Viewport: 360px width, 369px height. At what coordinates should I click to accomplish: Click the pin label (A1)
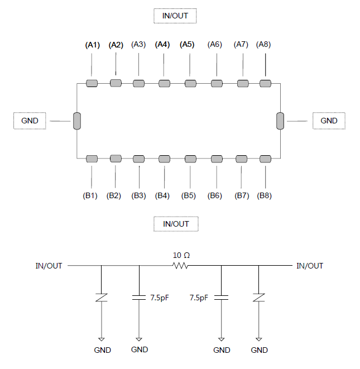(93, 45)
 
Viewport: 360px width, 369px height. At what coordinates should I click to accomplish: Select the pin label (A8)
(263, 44)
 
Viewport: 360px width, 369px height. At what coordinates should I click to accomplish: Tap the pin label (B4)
(162, 195)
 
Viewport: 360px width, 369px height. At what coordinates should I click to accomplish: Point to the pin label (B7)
(242, 195)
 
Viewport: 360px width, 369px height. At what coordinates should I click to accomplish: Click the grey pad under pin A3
(138, 83)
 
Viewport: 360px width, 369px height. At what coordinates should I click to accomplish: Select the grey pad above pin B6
(217, 159)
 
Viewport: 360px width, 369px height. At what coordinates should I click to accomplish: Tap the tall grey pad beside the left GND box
(77, 121)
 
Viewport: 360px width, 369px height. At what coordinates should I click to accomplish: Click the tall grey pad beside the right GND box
(280, 121)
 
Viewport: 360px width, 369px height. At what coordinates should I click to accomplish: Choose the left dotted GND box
(30, 121)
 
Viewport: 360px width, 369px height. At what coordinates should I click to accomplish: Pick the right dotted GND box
(329, 121)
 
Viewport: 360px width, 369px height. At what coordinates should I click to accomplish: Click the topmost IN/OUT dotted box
(175, 16)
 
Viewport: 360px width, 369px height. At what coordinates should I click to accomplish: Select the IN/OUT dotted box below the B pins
(176, 224)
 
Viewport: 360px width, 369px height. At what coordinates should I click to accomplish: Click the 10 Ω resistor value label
(181, 255)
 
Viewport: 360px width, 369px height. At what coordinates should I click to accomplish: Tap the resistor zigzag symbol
(180, 266)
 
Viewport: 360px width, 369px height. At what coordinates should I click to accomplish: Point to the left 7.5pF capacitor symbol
(139, 298)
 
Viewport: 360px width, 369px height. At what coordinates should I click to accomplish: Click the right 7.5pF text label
(199, 298)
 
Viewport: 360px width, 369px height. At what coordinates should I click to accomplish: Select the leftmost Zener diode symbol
(102, 298)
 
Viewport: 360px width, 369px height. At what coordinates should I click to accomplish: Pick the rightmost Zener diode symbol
(259, 298)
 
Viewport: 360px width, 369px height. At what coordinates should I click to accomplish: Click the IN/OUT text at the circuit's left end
(49, 266)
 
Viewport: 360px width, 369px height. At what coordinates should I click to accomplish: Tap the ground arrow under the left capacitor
(139, 339)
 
